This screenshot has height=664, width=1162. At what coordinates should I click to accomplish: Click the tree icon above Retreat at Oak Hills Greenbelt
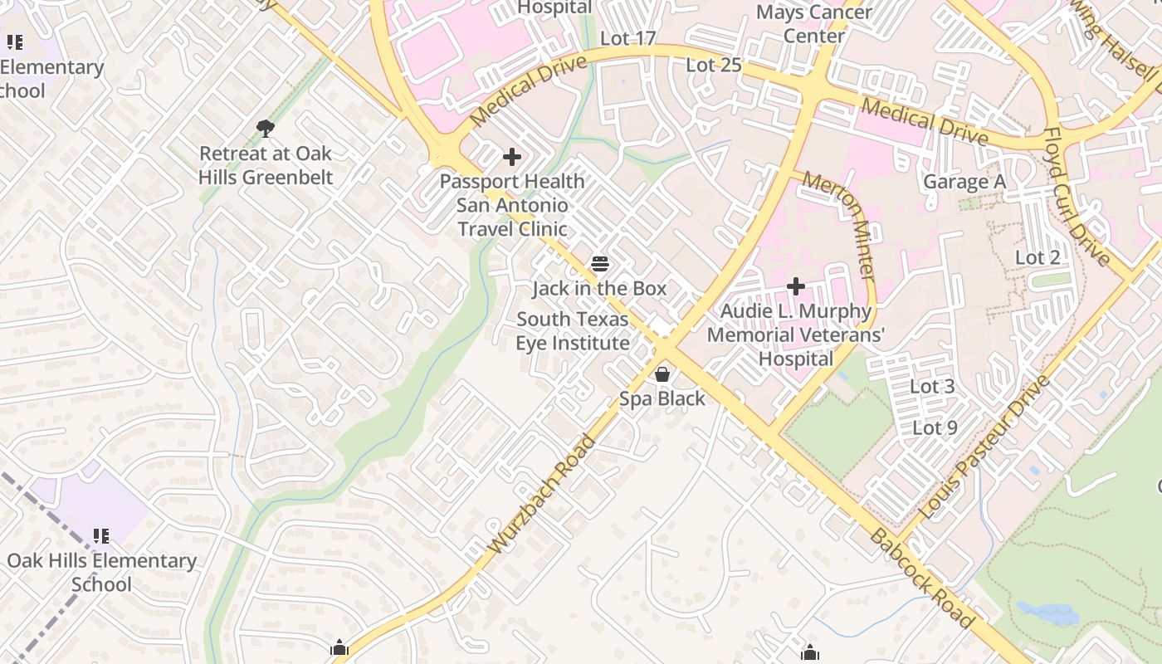pos(266,128)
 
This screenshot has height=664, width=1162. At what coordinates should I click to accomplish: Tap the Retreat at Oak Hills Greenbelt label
pos(266,165)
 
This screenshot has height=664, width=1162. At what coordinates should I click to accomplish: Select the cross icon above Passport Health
pos(512,156)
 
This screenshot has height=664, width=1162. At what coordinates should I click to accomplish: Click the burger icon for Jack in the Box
pos(600,265)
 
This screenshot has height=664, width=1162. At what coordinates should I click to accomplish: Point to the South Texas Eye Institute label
pos(573,331)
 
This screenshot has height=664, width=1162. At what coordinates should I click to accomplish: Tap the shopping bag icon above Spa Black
pos(662,374)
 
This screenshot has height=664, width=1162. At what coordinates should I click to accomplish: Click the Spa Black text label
pos(662,399)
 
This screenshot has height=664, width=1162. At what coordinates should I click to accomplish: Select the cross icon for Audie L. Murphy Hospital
pos(796,287)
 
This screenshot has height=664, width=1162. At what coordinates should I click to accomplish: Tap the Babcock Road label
pos(921,578)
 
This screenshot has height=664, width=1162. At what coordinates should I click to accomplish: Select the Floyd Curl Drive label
pos(1077,197)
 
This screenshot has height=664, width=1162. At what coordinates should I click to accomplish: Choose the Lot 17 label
pos(627,38)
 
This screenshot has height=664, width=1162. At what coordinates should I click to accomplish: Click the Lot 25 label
pos(713,65)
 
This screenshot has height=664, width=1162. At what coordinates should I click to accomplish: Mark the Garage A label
pos(964,182)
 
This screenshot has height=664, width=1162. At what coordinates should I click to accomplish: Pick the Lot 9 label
pos(935,428)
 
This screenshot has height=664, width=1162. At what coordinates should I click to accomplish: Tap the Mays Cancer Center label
pos(814,24)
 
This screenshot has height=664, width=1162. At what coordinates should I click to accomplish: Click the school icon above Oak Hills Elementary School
pos(101,536)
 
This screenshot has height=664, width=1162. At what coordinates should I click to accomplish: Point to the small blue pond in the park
pos(1047,615)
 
